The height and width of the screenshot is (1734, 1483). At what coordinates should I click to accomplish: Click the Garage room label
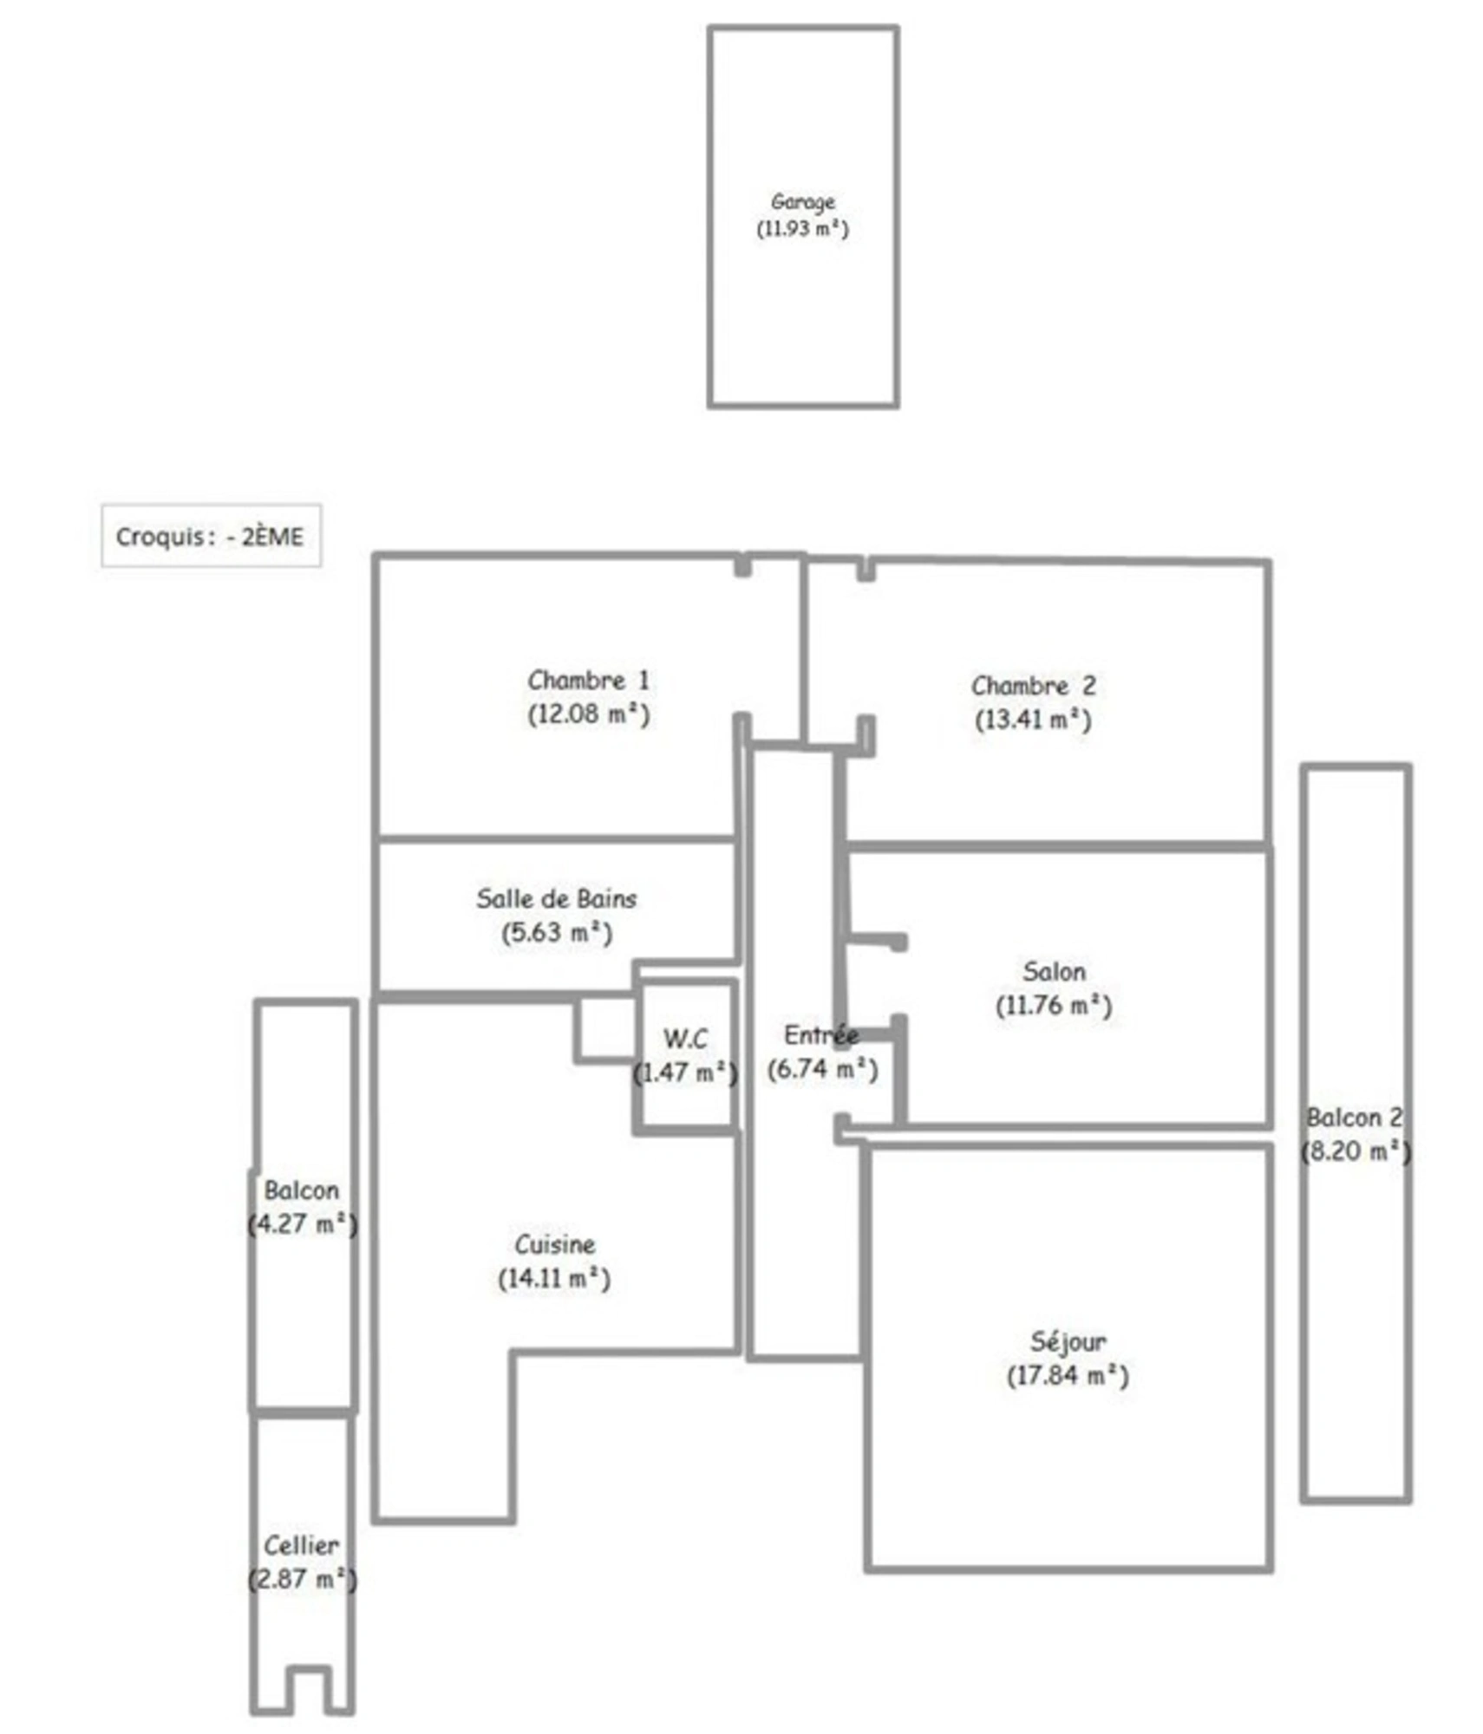point(802,203)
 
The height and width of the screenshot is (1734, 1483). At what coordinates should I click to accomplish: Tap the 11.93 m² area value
point(802,229)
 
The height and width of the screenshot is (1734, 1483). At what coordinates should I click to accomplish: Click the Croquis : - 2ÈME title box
point(211,536)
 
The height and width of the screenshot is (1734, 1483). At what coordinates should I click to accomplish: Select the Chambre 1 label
point(588,681)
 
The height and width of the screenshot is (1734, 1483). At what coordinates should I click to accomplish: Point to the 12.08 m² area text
point(588,714)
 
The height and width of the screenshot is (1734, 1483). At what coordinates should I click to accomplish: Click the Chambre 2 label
point(1033,686)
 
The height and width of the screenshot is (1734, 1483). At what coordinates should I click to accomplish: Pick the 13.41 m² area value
point(1033,720)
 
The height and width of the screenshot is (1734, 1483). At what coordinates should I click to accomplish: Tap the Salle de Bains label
point(556,898)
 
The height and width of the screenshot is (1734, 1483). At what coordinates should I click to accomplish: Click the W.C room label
point(685,1038)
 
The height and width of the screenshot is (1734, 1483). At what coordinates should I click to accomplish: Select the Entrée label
point(821,1034)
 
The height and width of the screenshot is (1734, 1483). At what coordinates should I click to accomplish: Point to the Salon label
point(1054,971)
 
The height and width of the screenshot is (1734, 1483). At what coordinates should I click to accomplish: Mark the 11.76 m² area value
point(1054,1006)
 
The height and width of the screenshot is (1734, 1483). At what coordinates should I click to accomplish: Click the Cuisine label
point(555,1244)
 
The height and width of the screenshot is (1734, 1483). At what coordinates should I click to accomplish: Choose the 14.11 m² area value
point(554,1279)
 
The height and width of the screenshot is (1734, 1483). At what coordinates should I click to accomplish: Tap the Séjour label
point(1068,1341)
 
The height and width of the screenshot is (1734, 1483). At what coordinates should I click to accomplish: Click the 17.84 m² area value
point(1068,1376)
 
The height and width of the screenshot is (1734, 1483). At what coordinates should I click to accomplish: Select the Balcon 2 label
point(1354,1118)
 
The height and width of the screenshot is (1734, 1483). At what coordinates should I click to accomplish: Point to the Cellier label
point(302,1545)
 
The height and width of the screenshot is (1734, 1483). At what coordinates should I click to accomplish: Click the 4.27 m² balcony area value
point(303,1224)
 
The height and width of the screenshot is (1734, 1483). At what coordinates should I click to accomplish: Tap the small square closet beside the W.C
point(605,1029)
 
